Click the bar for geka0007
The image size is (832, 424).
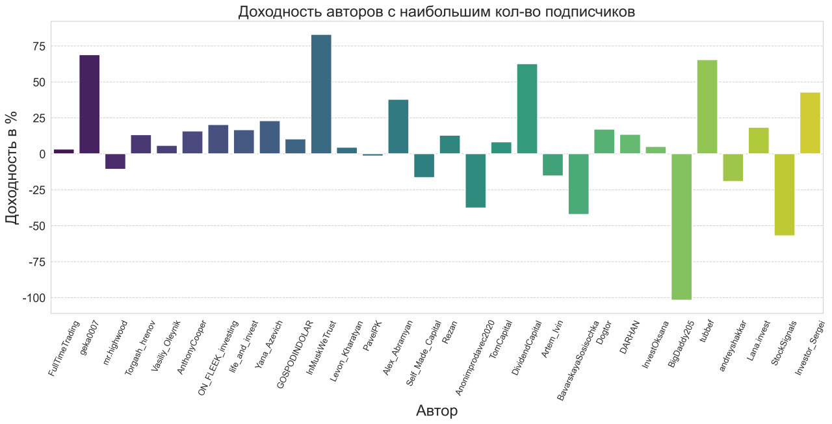pos(90,104)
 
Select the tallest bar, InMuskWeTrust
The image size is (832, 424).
pos(321,94)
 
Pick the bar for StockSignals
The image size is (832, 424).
pos(784,194)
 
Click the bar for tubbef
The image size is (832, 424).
pos(707,106)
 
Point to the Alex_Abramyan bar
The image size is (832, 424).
pos(398,127)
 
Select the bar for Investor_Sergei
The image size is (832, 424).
pos(810,123)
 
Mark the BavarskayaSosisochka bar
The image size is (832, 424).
pos(578,184)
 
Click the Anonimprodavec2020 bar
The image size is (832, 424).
pos(476,181)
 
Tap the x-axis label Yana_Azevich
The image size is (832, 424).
pos(268,344)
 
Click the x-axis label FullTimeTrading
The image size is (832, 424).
pos(64,348)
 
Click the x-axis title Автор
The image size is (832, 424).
pos(436,411)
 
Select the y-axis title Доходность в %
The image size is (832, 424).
pos(12,167)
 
